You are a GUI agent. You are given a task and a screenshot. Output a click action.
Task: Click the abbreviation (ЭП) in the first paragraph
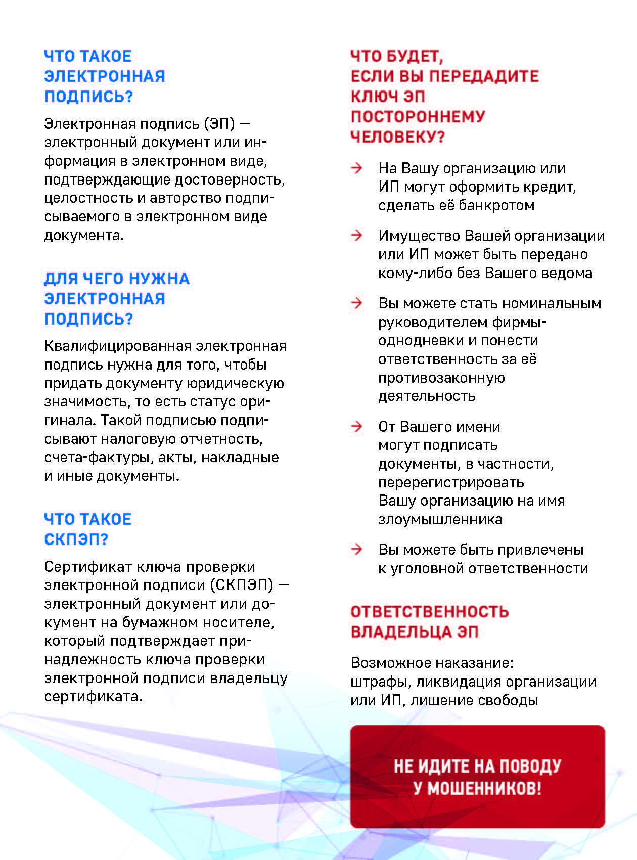tap(219, 124)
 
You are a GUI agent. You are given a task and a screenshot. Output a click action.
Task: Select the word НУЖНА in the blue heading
tap(159, 279)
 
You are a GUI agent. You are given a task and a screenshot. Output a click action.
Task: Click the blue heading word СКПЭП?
tap(76, 539)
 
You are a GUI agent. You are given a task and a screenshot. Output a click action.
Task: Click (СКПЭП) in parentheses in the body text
tap(244, 585)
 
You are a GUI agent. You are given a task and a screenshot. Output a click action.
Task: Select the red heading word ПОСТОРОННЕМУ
tap(418, 117)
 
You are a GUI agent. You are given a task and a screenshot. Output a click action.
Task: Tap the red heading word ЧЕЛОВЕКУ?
tap(397, 137)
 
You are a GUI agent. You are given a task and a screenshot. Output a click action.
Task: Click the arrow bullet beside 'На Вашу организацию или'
tap(357, 168)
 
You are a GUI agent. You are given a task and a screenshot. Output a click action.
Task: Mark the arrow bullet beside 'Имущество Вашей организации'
tap(357, 235)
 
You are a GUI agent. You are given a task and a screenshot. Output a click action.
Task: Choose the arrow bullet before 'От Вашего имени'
tap(357, 426)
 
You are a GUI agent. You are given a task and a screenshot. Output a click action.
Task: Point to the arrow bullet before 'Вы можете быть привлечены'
tap(357, 549)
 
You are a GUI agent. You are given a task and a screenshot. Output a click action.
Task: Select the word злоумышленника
tap(440, 520)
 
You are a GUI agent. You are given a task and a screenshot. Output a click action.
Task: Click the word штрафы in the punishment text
tap(381, 682)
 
